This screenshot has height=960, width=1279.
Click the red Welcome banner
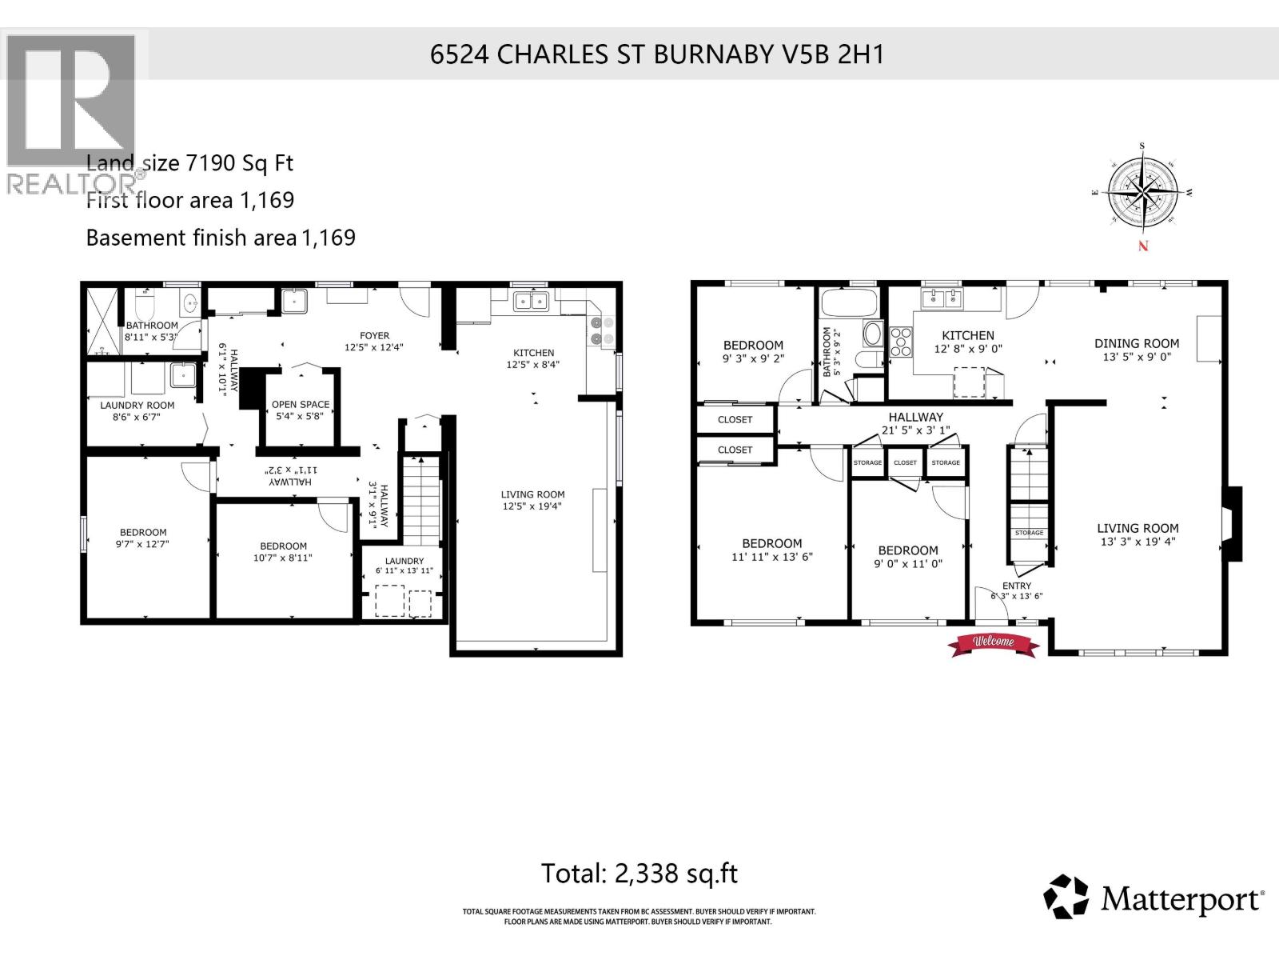[x=992, y=642]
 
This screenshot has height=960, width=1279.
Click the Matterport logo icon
[x=1067, y=897]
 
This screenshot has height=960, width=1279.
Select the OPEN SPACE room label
[x=301, y=405]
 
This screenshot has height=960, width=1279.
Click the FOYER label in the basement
[x=374, y=336]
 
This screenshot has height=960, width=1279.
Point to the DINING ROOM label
[x=1136, y=344]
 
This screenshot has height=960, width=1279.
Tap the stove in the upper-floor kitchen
[x=901, y=342]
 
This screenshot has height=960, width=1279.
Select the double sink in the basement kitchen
[x=532, y=302]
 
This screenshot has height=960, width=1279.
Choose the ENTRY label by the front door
[x=1016, y=586]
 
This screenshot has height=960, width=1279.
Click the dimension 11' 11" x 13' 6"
[x=771, y=557]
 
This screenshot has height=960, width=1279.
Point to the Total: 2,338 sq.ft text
[x=639, y=873]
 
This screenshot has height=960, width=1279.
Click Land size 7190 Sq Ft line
[x=189, y=163]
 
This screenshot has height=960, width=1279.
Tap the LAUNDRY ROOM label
[x=137, y=406]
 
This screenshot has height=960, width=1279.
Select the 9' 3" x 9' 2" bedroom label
[x=752, y=358]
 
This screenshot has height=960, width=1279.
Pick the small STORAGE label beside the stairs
[x=1029, y=533]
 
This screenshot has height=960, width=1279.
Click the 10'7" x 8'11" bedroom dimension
[x=283, y=558]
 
